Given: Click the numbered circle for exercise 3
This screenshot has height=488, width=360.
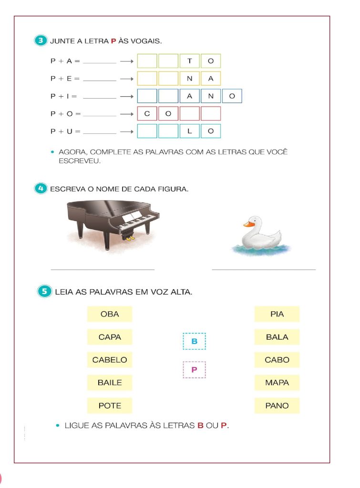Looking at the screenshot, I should pos(41,41).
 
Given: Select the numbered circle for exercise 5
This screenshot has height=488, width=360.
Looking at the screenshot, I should pos(44,291).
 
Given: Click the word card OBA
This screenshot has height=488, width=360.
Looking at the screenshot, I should pos(110,314).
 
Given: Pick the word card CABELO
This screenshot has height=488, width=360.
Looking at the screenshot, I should pos(110,360).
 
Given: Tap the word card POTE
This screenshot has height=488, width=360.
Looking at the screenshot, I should pos(110,406).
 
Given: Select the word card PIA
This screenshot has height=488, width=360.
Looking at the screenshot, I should pos(277,314).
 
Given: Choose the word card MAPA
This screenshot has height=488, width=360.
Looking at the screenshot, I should pos(277,383).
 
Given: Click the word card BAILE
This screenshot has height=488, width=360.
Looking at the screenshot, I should pos(110,383).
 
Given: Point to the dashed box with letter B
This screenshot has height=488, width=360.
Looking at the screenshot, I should pos(194,341).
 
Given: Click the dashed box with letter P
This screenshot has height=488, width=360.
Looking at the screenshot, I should pos(194,369).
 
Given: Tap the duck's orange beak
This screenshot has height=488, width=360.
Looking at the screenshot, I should pos(248,224).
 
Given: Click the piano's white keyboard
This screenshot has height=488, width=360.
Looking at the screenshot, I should pos(138,220).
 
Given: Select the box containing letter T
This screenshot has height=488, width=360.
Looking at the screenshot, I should pos(190,61).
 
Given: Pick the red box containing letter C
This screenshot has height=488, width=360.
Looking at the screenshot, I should pos(147,114).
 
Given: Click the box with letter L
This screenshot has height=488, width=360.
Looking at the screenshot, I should pos(190,131).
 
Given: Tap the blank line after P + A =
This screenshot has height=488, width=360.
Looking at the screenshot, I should pos(100,62).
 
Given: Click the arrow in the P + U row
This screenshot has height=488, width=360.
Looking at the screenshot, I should pos(126,132).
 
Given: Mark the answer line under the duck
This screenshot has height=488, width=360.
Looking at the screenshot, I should pos(264,269).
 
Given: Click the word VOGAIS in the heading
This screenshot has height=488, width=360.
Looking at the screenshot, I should pos(148,41).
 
